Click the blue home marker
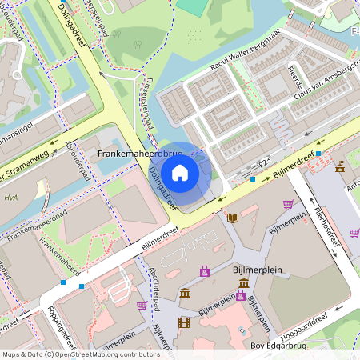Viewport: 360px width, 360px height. point(180,173)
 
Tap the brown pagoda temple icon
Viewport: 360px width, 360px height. point(340,167)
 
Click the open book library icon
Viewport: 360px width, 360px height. point(232,217)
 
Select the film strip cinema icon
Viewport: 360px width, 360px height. point(185,322)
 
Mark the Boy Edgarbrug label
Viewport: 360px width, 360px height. point(279,346)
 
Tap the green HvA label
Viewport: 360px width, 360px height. point(10,198)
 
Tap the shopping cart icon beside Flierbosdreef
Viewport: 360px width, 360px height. point(288,204)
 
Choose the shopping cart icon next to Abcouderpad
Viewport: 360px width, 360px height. point(142,305)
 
